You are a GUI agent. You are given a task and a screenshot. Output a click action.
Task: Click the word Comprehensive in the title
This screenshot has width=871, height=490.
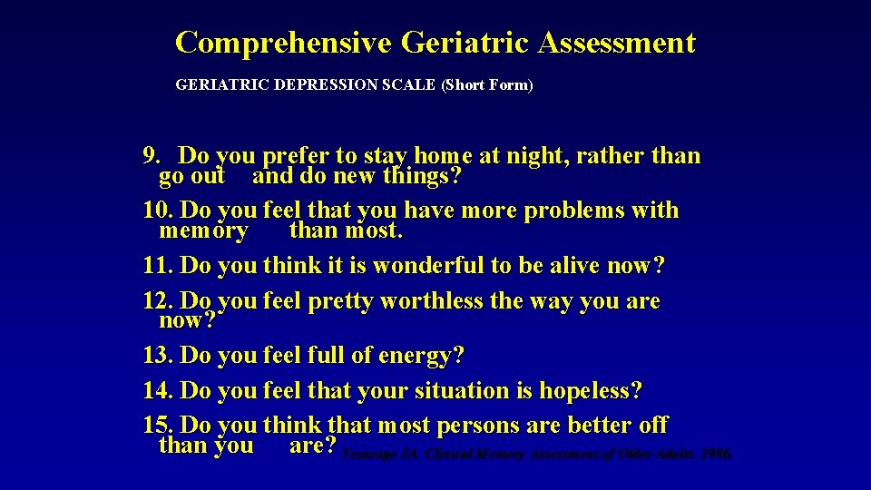(282, 43)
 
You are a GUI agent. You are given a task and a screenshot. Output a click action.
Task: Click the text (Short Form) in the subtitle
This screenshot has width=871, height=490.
(487, 85)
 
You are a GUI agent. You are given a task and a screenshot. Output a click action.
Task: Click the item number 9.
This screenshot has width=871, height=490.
(152, 156)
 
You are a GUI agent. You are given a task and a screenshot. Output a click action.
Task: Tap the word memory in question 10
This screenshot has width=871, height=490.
(202, 230)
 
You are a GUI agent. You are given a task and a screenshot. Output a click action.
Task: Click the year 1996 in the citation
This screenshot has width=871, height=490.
(715, 454)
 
